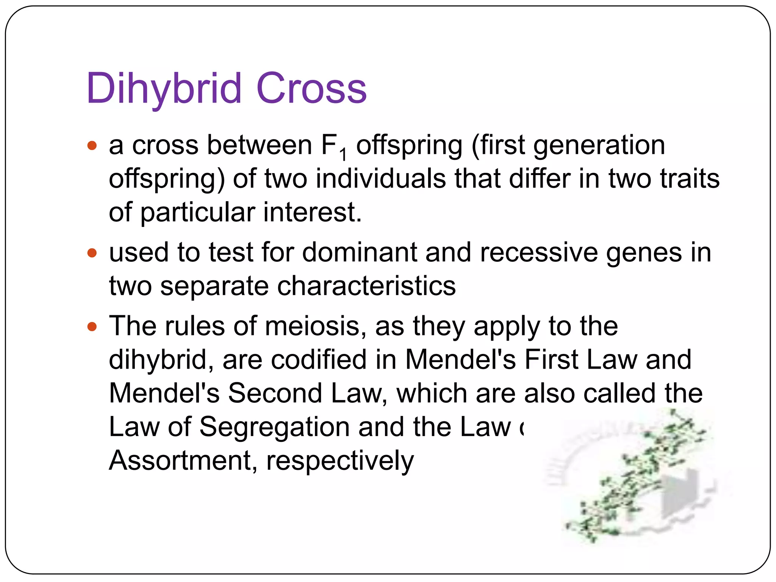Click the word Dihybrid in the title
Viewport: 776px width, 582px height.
point(164,89)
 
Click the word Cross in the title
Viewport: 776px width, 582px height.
point(311,89)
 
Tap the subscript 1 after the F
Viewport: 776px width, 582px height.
point(343,155)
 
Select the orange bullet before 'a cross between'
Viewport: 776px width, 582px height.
point(92,145)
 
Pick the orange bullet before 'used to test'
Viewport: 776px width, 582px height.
point(92,253)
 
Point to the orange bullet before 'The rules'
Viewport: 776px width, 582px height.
point(92,326)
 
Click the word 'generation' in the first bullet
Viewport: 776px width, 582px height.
point(599,145)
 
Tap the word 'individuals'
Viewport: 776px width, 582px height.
point(381,179)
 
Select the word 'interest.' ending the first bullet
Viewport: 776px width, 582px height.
point(313,212)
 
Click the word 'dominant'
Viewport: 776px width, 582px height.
point(359,253)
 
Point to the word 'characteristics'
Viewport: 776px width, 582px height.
point(366,286)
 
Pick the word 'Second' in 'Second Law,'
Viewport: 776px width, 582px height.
point(275,393)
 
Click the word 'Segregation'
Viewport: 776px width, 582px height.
point(274,427)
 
